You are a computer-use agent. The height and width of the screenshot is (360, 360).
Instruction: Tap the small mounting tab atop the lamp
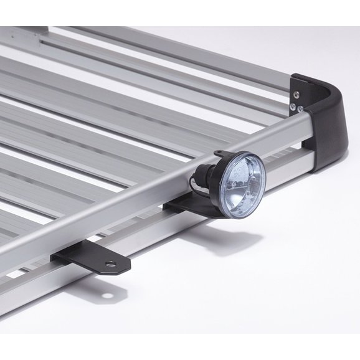point(222,155)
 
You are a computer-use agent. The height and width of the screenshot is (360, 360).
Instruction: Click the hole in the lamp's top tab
point(219,155)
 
